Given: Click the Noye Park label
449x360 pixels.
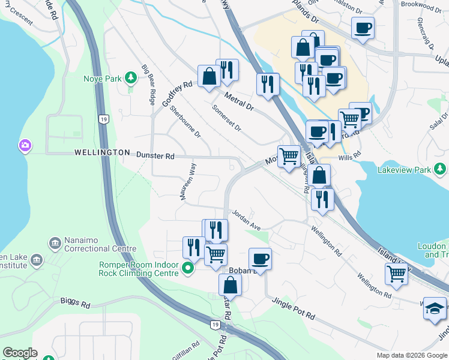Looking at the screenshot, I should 105,78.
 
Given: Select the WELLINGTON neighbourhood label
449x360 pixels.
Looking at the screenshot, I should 102,153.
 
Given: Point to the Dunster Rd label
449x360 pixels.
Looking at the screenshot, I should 155,156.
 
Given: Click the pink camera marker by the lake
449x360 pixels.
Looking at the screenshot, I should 25,145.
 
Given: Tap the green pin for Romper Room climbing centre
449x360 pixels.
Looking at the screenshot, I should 188,268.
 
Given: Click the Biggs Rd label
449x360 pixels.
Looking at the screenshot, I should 75,304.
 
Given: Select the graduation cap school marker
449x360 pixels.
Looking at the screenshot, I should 435,308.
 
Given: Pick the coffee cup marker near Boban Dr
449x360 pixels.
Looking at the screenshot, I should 260,259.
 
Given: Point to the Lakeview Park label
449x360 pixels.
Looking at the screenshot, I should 405,170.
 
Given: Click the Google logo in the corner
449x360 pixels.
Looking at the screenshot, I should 20,353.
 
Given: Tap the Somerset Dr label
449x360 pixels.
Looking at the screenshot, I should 227,119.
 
